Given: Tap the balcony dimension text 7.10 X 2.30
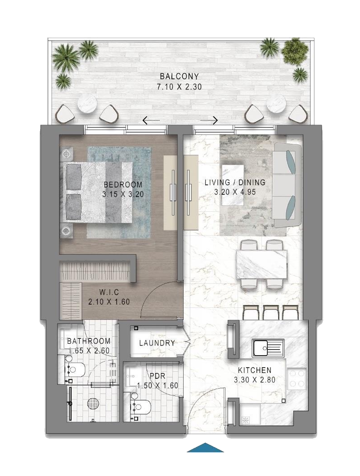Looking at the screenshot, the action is click(x=179, y=87).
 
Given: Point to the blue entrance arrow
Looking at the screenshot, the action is click(x=205, y=448).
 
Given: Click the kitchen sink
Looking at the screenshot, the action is click(x=268, y=348).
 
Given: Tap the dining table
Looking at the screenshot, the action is click(x=261, y=264).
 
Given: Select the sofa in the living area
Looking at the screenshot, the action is click(x=287, y=185).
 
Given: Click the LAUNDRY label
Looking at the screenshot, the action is click(x=157, y=343).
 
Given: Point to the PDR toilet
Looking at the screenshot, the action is click(x=140, y=406).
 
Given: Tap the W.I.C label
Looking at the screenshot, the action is click(x=109, y=292).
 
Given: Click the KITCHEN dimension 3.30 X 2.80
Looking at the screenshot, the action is click(x=255, y=380).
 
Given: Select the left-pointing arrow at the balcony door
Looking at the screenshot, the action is click(x=151, y=121).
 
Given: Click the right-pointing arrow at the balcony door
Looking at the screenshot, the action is click(x=209, y=121).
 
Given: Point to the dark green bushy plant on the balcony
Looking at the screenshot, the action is click(x=292, y=50).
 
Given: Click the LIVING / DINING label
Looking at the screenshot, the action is click(x=235, y=183).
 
